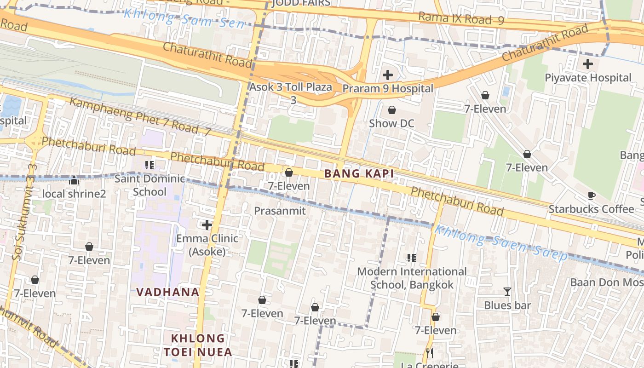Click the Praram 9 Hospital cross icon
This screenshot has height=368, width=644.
click(x=388, y=75)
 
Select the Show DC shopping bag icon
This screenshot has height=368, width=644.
click(x=392, y=110)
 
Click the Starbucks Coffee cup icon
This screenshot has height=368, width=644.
click(x=592, y=195)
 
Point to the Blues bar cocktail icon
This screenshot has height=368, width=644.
click(x=507, y=292)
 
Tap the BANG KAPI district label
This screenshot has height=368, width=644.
click(x=359, y=174)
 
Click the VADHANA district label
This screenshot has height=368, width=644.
click(x=168, y=292)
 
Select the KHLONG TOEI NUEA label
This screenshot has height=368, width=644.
click(x=198, y=345)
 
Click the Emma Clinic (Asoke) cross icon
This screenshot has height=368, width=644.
click(x=207, y=225)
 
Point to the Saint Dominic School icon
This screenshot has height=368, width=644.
click(x=149, y=165)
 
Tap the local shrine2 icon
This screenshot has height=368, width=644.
click(x=74, y=180)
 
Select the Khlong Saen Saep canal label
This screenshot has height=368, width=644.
click(x=501, y=243)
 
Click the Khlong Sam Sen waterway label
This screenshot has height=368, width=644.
click(x=184, y=17)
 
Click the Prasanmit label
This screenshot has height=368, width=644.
click(x=280, y=211)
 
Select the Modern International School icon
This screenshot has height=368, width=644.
click(x=411, y=258)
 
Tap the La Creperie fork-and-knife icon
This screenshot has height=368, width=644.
click(x=430, y=353)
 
